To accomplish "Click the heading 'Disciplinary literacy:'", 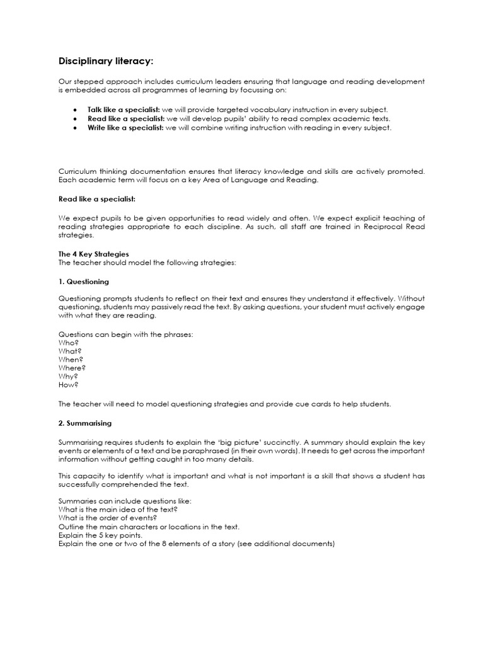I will tap(106, 61).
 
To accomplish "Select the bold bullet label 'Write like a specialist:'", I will tap(125, 127).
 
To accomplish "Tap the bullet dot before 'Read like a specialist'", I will tap(75, 118).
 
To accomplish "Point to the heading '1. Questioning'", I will tap(83, 282).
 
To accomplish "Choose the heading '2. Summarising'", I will tap(85, 423).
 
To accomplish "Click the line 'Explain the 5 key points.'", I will tap(100, 535).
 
